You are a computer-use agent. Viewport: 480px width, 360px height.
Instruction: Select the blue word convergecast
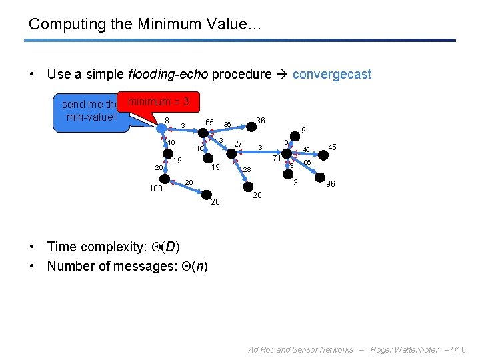[x=332, y=74]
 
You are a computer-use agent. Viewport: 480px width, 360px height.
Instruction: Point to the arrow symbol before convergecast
[x=283, y=74]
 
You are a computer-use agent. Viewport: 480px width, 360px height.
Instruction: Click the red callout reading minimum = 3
[x=159, y=102]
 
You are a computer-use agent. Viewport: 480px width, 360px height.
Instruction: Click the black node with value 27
[x=230, y=153]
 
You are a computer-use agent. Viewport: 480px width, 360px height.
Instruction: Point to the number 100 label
[x=156, y=189]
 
